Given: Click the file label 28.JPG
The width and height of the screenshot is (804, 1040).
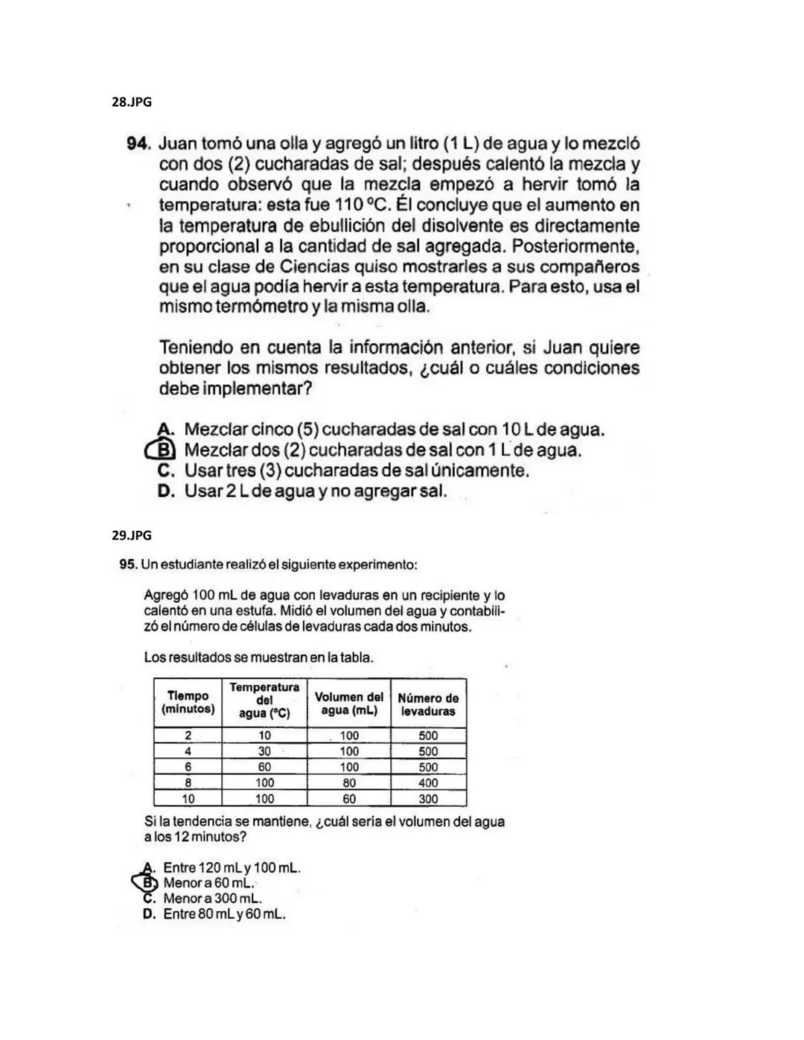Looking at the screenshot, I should [x=131, y=102].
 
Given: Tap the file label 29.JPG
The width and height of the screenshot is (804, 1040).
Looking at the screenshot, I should [x=131, y=535].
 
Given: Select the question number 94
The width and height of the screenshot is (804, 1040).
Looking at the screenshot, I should [x=139, y=143].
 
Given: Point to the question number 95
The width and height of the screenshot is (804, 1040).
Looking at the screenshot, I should [x=128, y=565].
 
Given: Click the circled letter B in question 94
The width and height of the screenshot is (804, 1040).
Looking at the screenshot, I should [x=166, y=450].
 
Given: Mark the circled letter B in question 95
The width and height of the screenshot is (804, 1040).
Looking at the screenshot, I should [x=150, y=883].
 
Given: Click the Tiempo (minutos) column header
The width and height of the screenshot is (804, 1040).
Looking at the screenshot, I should [x=188, y=702].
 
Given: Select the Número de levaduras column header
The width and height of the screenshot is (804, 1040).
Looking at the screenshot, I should [x=428, y=704].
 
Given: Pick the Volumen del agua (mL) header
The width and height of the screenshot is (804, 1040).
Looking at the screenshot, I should [x=348, y=704].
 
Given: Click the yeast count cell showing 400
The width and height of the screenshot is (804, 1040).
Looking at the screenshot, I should [x=428, y=783].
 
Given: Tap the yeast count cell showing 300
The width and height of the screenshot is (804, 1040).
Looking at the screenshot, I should [x=428, y=799].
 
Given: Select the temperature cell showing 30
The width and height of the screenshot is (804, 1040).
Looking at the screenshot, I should [x=264, y=751].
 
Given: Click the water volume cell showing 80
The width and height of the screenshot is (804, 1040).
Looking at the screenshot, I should [x=348, y=783].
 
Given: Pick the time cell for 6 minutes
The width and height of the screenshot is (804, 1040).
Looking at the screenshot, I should [x=188, y=768].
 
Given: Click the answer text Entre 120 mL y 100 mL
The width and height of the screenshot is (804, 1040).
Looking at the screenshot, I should [x=232, y=868].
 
